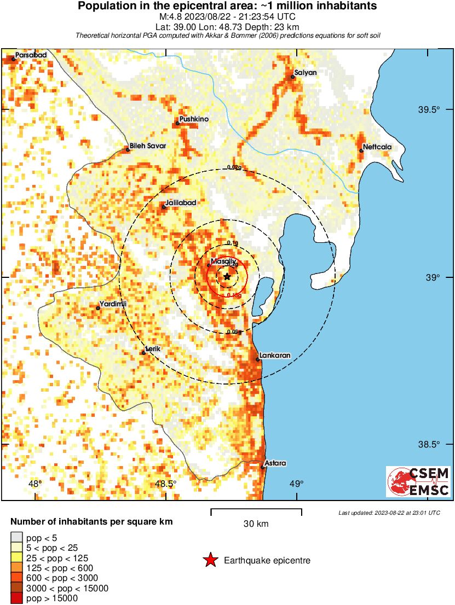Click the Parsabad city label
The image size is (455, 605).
coord(31,55)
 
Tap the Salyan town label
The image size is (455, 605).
coord(306,73)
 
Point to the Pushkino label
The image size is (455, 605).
coord(195,119)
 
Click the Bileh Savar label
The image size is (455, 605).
coord(148,146)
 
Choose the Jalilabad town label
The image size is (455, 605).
coord(181,203)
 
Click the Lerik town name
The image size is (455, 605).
coord(152,348)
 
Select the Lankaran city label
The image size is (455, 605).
coord(274,356)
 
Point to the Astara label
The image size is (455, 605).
coord(275,463)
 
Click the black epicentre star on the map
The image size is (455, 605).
coord(227,277)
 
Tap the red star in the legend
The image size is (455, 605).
coord(210,560)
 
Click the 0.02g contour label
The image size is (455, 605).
coord(234,168)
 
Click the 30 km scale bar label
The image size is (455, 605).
coord(256,523)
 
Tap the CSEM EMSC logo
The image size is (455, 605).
coord(419,481)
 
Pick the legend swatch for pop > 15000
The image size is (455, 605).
coord(17,598)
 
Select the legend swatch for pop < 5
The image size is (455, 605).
coord(17,538)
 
